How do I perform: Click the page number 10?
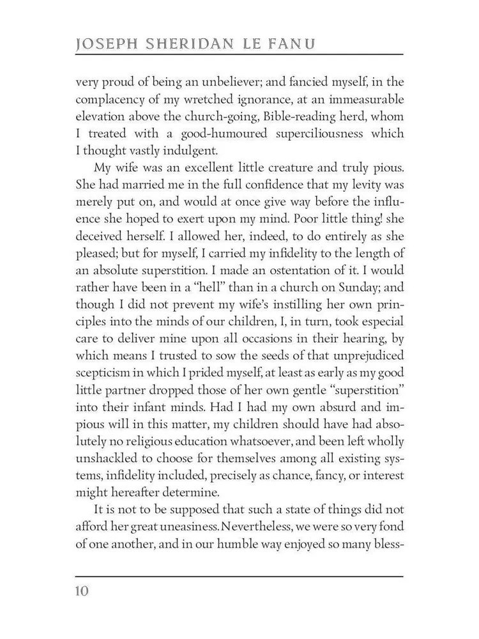81,590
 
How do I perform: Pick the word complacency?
113,100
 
